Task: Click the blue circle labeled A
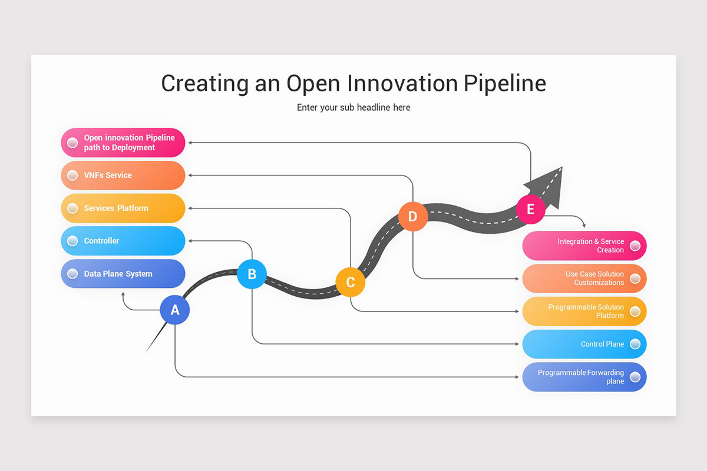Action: click(175, 310)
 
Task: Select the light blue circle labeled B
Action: click(252, 274)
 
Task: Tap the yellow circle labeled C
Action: click(351, 282)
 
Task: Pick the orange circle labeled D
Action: click(412, 216)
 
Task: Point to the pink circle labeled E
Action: click(531, 209)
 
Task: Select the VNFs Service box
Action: click(123, 175)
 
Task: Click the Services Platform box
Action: click(123, 208)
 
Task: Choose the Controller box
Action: click(123, 241)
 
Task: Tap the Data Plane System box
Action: click(123, 274)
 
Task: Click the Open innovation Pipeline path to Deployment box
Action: click(123, 142)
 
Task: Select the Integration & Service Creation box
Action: click(584, 246)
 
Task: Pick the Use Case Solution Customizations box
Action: click(584, 278)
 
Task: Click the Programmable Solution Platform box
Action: click(584, 311)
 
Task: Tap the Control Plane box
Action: click(584, 344)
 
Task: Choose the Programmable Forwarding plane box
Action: click(584, 377)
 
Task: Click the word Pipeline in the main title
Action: click(504, 83)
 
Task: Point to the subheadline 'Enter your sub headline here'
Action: click(353, 107)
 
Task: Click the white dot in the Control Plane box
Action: click(635, 344)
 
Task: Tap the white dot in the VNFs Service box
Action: click(72, 175)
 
